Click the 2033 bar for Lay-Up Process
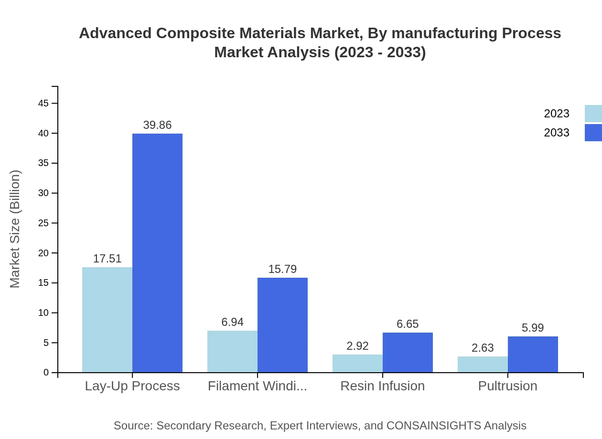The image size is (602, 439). pyautogui.click(x=157, y=253)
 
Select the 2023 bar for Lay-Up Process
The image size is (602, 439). pyautogui.click(x=107, y=320)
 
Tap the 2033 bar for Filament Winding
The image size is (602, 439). pyautogui.click(x=282, y=325)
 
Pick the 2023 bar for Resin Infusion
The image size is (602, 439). pyautogui.click(x=357, y=364)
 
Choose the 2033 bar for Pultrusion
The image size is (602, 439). pyautogui.click(x=533, y=355)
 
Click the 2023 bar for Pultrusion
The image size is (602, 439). pyautogui.click(x=483, y=365)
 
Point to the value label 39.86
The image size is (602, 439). pyautogui.click(x=157, y=125)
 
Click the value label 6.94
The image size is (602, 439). pyautogui.click(x=232, y=322)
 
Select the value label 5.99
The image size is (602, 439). pyautogui.click(x=533, y=328)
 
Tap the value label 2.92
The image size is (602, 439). pyautogui.click(x=357, y=346)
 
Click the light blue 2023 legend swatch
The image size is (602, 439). pyautogui.click(x=593, y=114)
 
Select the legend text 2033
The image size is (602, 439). pyautogui.click(x=557, y=133)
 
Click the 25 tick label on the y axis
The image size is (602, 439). pyautogui.click(x=43, y=223)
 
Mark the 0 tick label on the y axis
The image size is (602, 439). pyautogui.click(x=46, y=372)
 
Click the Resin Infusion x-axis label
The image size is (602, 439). pyautogui.click(x=382, y=386)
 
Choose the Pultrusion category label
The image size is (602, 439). pyautogui.click(x=507, y=386)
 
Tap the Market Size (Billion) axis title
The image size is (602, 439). pyautogui.click(x=15, y=229)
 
